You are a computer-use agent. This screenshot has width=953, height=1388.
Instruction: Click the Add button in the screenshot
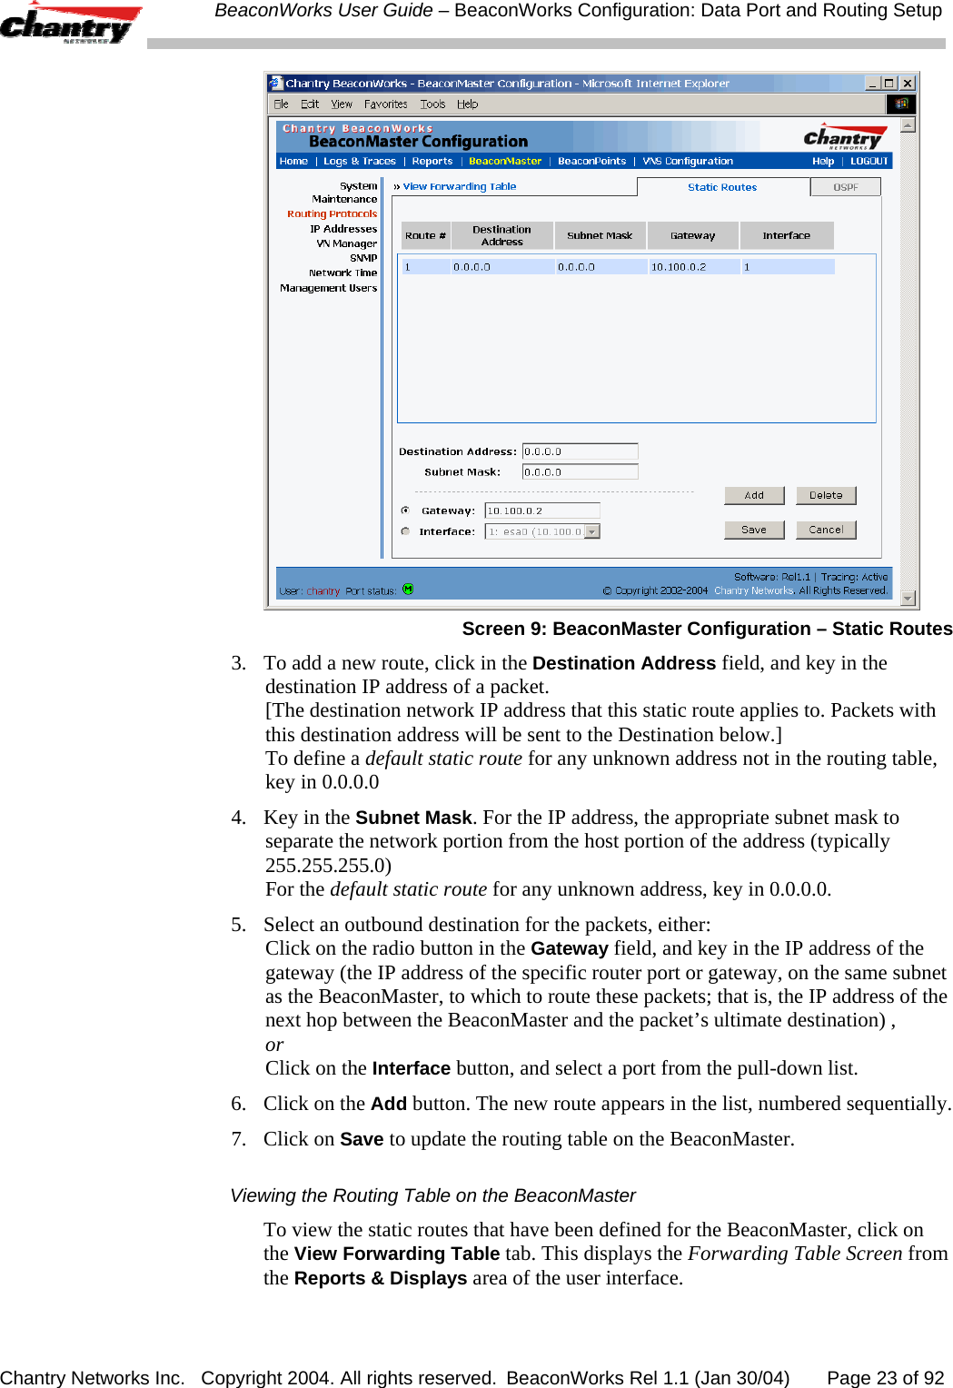point(754,495)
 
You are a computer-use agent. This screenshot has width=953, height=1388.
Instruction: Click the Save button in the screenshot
point(754,530)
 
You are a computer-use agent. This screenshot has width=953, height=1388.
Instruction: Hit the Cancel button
point(826,530)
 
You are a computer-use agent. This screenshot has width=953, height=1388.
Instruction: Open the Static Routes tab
point(722,187)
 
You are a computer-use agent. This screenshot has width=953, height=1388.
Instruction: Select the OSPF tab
point(846,187)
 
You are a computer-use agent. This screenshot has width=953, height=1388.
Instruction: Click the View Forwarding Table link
point(460,186)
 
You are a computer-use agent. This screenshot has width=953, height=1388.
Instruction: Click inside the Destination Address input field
point(580,451)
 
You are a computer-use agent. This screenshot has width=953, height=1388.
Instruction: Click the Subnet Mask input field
point(580,472)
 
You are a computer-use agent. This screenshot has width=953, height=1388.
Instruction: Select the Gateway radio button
point(405,511)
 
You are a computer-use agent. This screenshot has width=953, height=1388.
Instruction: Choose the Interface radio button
point(405,531)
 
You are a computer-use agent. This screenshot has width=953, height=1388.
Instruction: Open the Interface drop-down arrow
point(592,531)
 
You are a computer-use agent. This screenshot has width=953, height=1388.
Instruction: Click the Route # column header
point(425,235)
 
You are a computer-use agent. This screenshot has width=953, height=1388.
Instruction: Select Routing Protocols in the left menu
point(332,214)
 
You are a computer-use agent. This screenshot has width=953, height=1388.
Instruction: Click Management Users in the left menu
point(328,288)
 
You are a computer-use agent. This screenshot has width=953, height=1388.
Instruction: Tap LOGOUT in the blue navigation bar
point(869,161)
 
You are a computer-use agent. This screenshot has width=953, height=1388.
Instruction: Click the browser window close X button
point(907,83)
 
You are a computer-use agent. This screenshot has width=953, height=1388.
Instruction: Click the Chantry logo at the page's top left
point(68,25)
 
